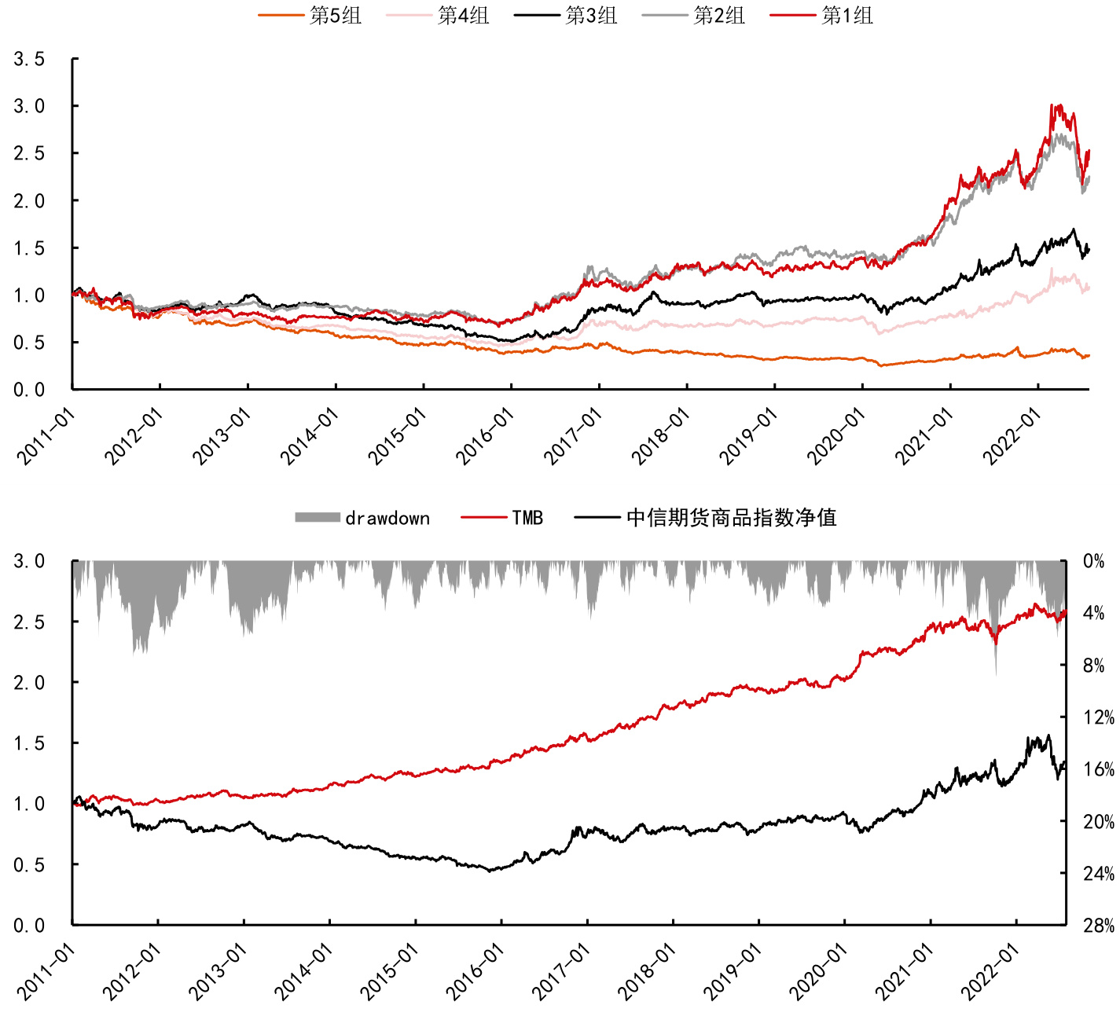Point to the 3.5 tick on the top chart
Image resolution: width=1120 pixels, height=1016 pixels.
pos(29,59)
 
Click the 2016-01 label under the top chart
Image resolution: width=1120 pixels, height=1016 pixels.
pos(485,436)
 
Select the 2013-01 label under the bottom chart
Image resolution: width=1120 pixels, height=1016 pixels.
pos(218,972)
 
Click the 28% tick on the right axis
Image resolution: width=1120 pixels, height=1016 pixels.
pos(1098,926)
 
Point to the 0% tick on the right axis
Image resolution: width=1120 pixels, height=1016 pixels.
pos(1094,561)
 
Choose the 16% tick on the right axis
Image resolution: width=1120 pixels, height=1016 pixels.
pos(1098,769)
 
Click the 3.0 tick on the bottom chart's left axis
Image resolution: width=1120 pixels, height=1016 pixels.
pos(29,561)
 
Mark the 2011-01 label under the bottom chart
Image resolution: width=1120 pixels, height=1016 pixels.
pos(46,972)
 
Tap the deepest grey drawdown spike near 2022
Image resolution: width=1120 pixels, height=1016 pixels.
pos(996,673)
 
